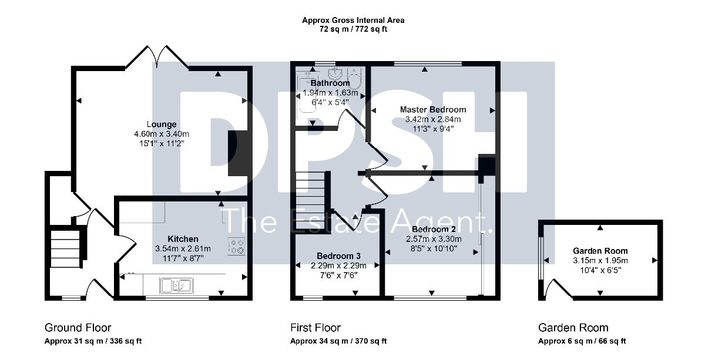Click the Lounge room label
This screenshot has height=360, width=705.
[x=162, y=125]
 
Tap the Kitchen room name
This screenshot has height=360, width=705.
[x=183, y=239]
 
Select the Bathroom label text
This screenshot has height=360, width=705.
[x=330, y=83]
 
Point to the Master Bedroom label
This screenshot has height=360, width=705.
[x=433, y=109]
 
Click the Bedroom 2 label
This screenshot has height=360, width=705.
[x=434, y=229]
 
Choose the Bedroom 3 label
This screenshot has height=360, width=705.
[x=338, y=256]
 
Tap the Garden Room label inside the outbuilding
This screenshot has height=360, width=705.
[x=600, y=251]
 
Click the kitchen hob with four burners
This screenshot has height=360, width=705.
[x=236, y=246]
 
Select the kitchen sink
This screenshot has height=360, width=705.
[x=176, y=286]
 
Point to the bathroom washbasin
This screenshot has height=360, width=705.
[x=336, y=74]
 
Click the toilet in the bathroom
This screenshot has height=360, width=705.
[x=355, y=78]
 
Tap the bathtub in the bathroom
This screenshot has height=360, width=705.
[x=307, y=92]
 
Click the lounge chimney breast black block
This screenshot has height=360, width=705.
[x=239, y=153]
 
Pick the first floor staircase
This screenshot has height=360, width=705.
[x=311, y=200]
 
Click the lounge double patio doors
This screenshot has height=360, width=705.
[x=157, y=58]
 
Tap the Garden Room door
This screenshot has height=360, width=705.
[x=558, y=288]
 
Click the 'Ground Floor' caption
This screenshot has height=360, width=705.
[x=78, y=328]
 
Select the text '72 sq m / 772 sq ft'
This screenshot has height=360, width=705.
[x=353, y=29]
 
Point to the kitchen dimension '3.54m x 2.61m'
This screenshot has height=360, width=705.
[x=183, y=248]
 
